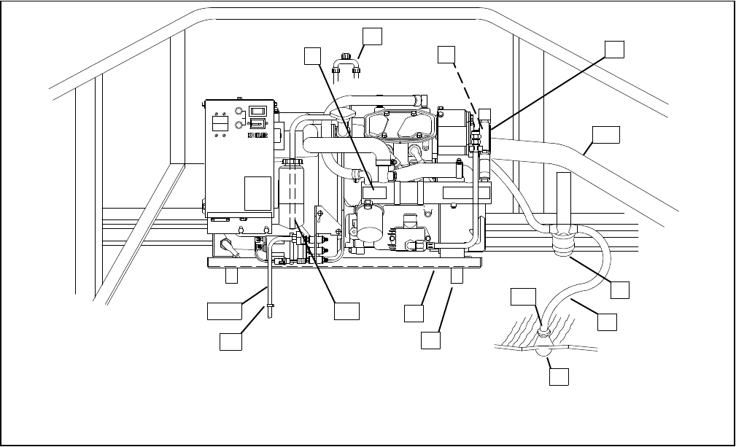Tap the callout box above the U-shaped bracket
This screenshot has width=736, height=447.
click(372, 36)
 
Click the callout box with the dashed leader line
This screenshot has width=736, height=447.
click(447, 55)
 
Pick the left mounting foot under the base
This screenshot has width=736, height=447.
click(231, 275)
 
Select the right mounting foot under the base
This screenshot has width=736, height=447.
click(458, 275)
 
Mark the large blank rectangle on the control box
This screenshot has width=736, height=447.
click(257, 193)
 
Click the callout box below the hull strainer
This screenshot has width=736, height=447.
click(559, 376)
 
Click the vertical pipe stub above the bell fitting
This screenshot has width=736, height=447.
click(563, 197)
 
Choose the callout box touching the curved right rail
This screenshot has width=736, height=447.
click(606, 136)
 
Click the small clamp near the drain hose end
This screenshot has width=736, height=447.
click(271, 307)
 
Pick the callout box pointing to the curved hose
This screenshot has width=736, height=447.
click(607, 321)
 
